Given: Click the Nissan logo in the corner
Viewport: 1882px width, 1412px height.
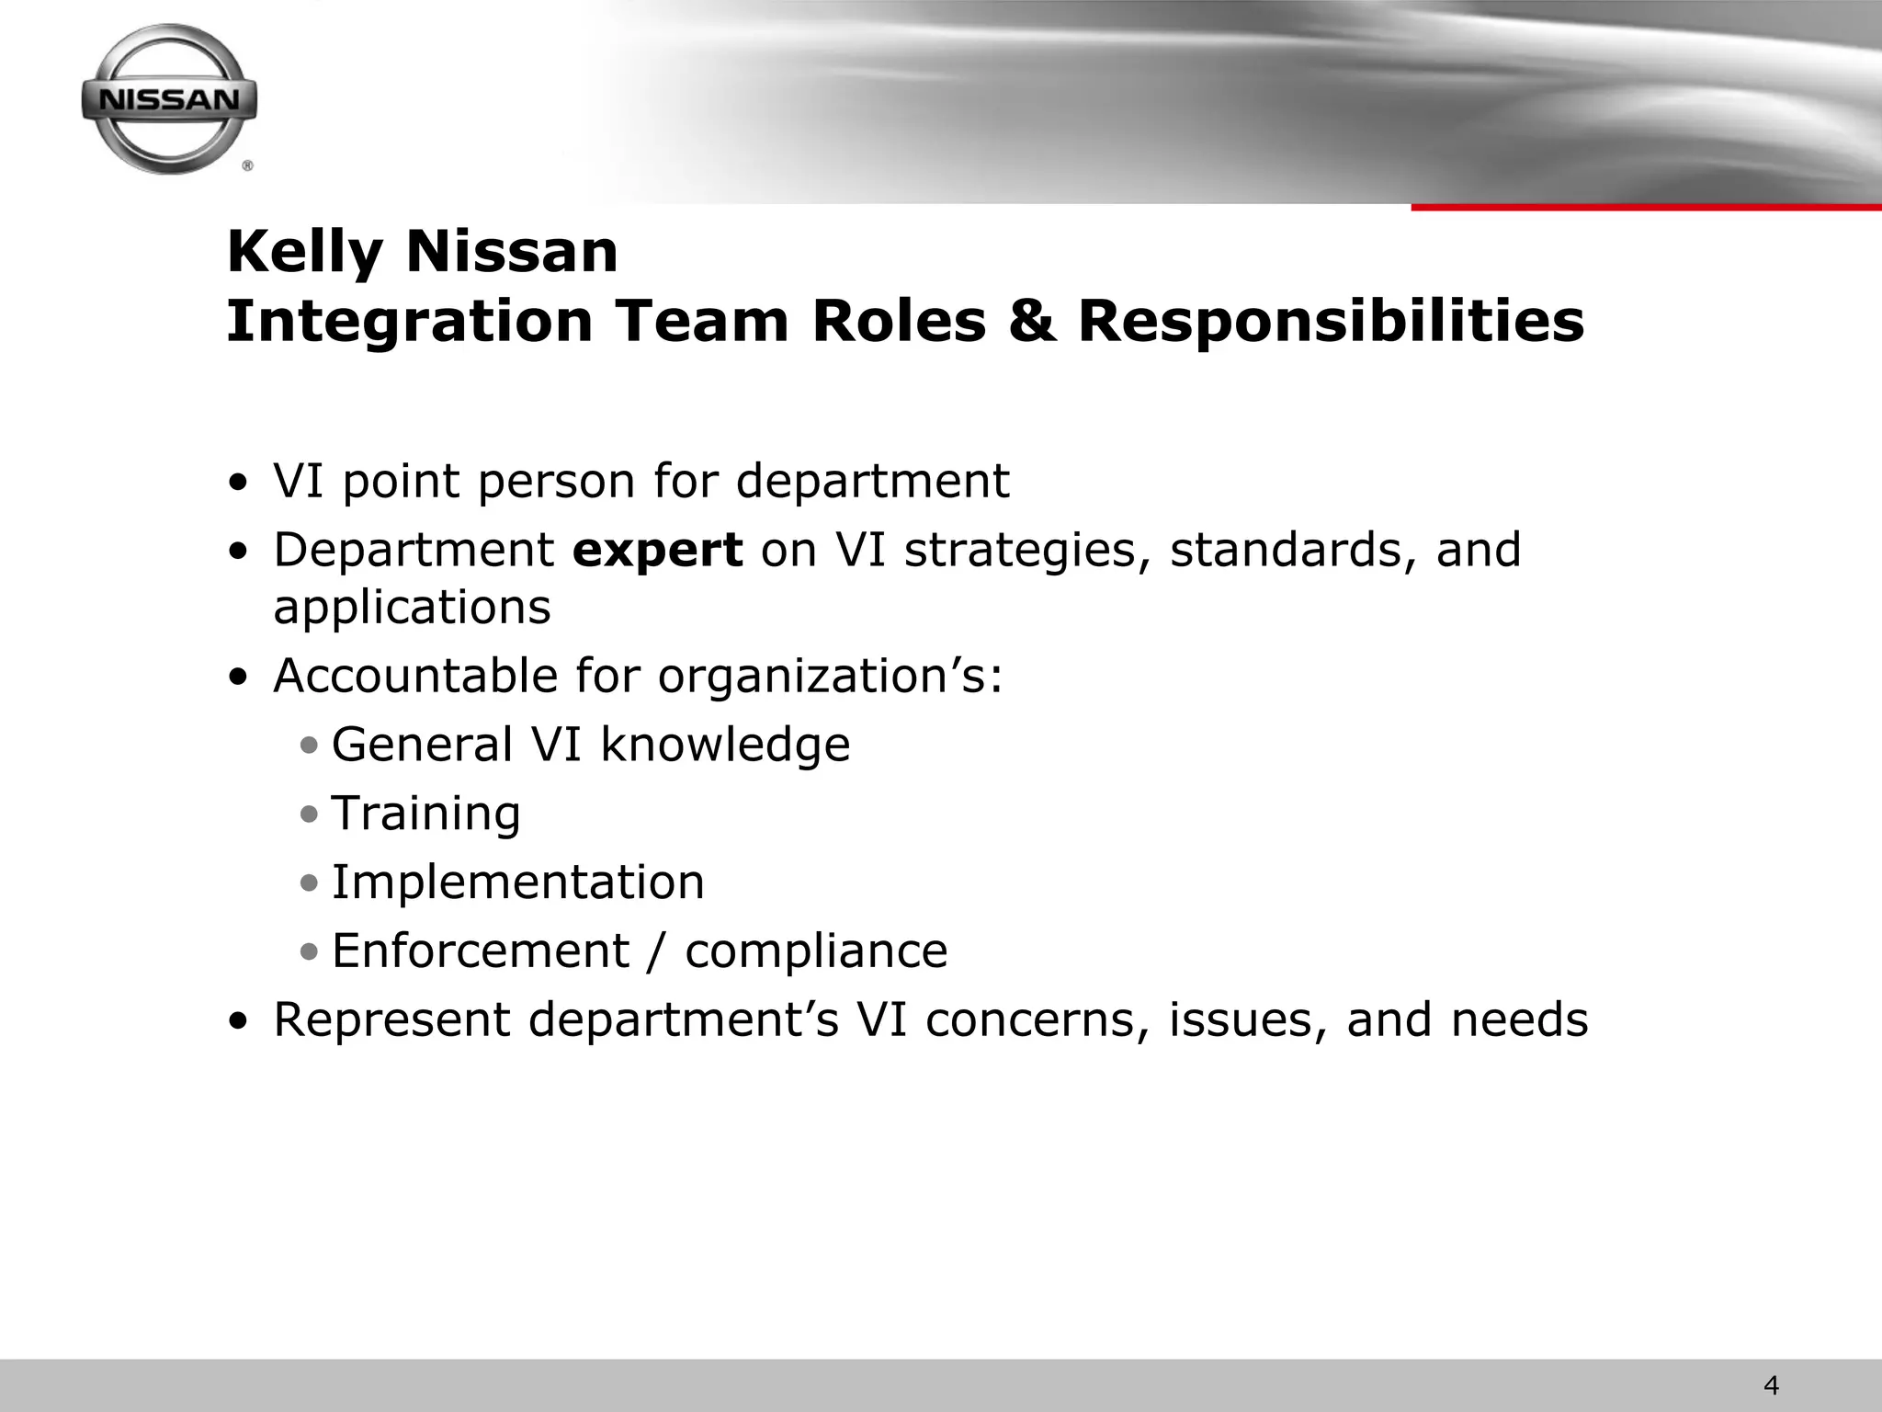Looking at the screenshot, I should coord(169,99).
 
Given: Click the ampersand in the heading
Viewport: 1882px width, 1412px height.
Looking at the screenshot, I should coord(1030,322).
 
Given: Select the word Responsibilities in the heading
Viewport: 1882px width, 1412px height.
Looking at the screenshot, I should coord(1331,322).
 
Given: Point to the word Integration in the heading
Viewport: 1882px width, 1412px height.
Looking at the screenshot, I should coord(410,322).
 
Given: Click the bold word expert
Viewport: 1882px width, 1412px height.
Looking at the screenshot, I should coord(657,550).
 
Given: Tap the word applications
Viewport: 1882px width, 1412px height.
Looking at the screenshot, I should coord(412,607).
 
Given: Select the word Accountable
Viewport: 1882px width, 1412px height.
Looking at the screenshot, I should coord(415,676).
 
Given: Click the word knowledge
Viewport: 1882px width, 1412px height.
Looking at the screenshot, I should coord(725,744).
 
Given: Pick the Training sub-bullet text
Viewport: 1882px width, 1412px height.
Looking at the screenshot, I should coord(425,814).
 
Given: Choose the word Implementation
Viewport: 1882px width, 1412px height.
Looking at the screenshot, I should coord(517,882).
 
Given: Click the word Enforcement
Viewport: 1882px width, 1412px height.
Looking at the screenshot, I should coord(480,951).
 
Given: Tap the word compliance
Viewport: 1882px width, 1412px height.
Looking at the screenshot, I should coord(816,951).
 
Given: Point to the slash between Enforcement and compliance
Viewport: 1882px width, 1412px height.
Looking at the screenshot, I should coord(656,951).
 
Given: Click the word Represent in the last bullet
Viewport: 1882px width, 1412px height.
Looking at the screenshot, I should coord(391,1019).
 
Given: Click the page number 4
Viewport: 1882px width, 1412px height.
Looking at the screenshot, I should coord(1772,1384).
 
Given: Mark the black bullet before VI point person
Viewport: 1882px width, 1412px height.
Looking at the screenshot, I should coord(239,483).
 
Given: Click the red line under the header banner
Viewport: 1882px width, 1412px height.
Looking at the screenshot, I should coord(1645,208).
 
